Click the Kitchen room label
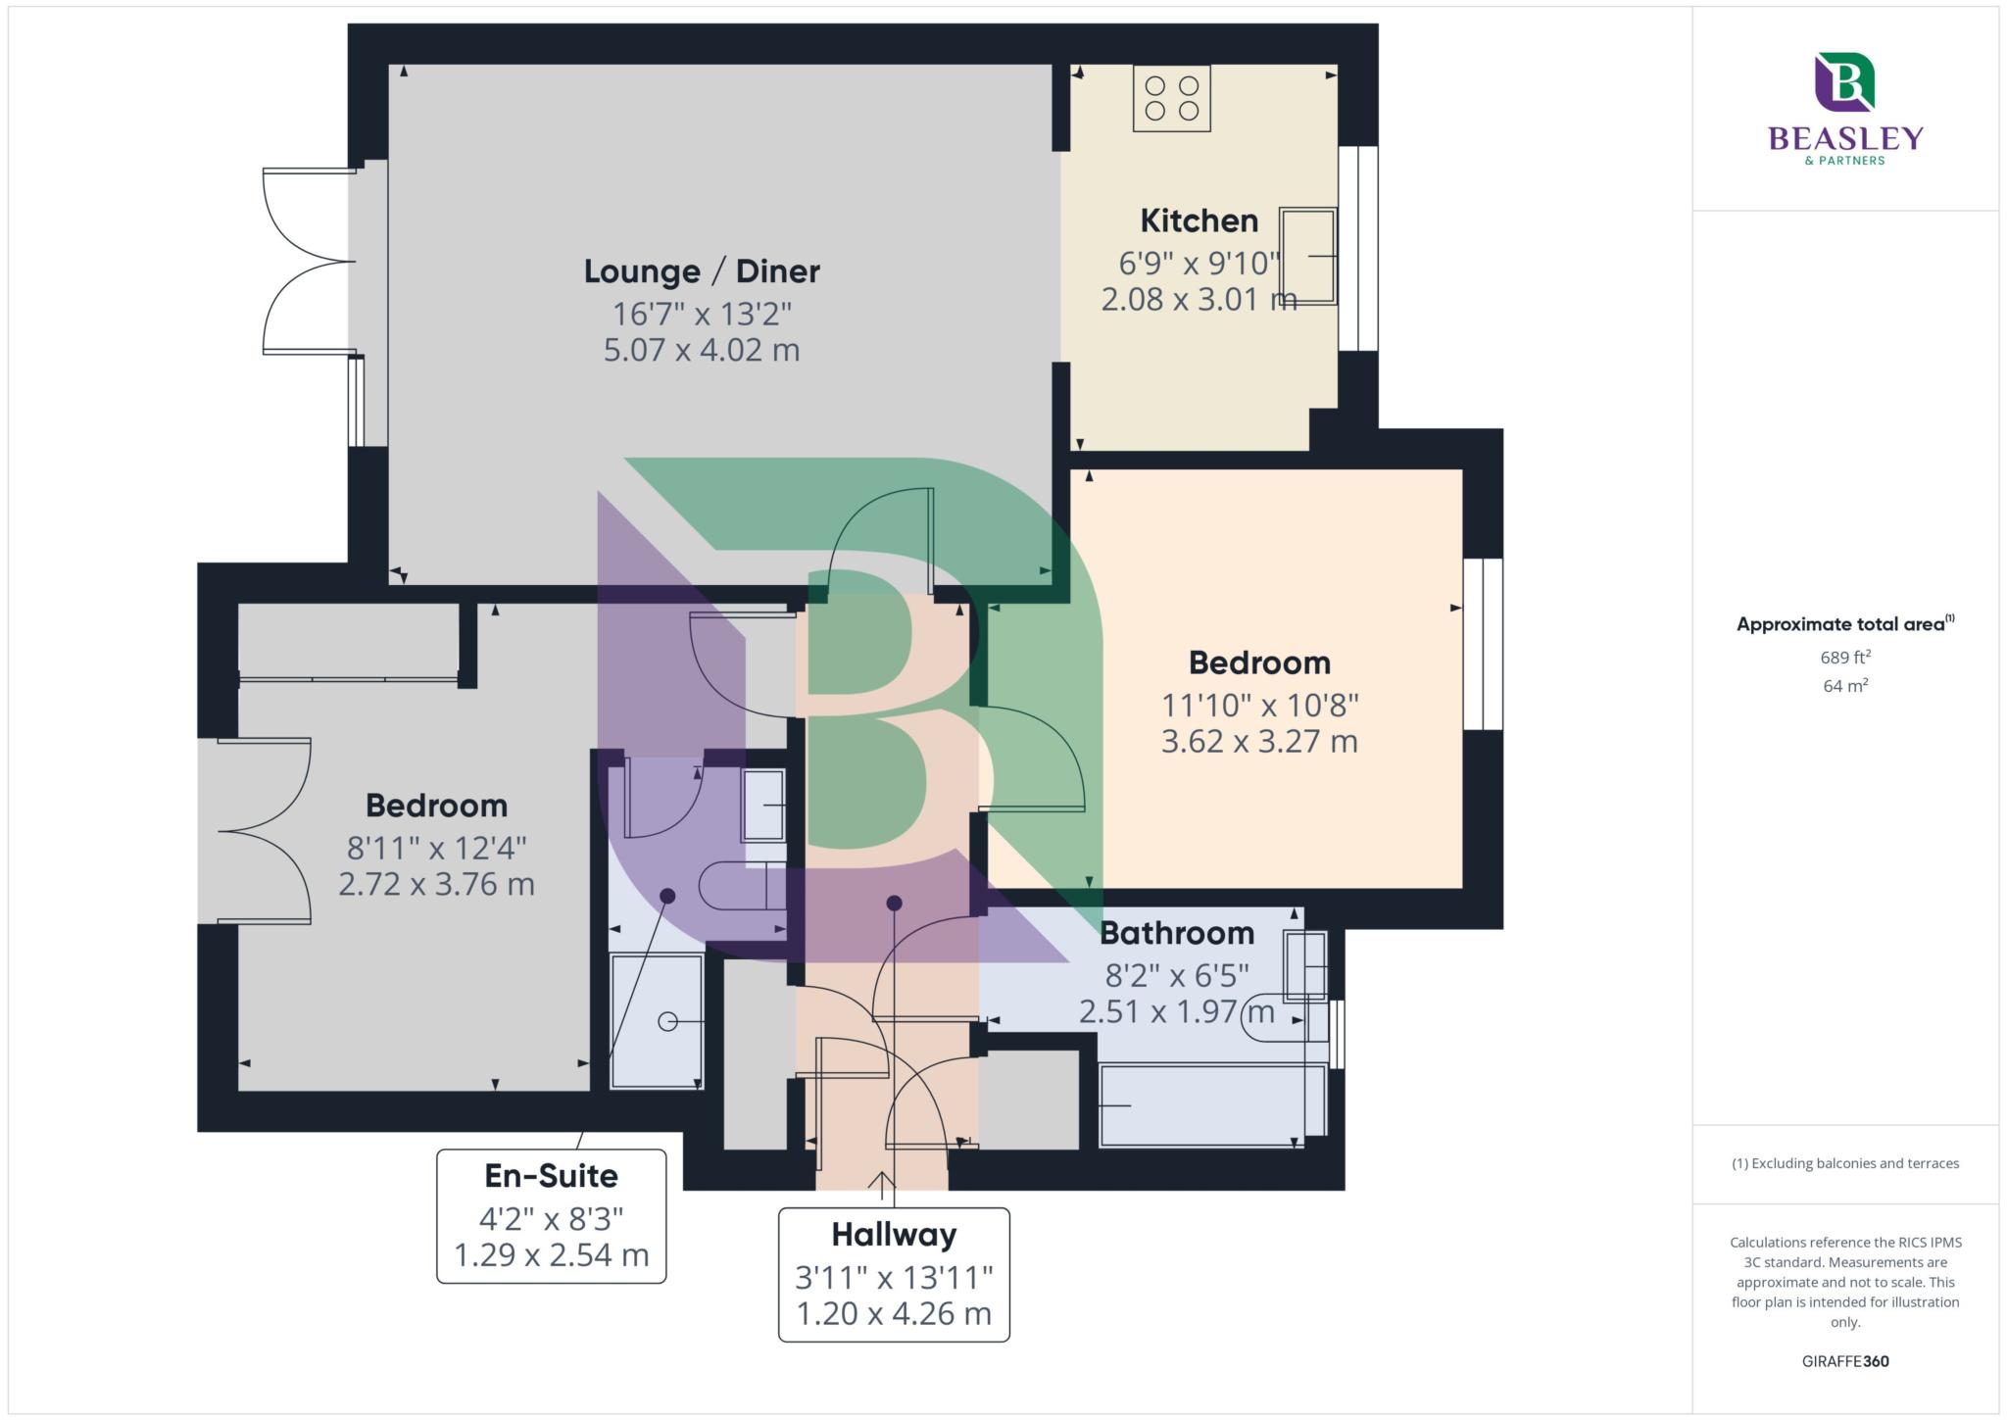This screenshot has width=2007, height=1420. [1199, 220]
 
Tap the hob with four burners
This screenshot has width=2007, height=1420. [1172, 98]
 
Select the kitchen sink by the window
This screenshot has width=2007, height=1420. [1307, 256]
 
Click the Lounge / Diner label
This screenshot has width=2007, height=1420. [702, 270]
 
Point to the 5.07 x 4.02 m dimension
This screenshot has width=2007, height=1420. [702, 350]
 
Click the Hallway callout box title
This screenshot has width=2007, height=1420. [894, 1235]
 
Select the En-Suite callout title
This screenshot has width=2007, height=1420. [551, 1176]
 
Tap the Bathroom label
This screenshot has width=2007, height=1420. [1177, 933]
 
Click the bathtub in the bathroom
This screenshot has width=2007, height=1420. [1213, 1105]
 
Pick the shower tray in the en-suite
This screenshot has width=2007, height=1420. [657, 1021]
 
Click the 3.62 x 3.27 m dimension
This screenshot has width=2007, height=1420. [1259, 741]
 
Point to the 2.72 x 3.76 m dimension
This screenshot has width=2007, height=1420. [436, 884]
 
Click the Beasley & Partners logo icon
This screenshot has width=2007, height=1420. [1844, 81]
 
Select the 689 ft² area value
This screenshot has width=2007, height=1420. [1845, 657]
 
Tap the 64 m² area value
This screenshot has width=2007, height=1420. [1845, 686]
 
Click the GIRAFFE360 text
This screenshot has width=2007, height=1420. [1845, 1361]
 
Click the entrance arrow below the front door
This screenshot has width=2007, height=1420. [882, 1186]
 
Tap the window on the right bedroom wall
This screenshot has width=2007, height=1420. [1483, 644]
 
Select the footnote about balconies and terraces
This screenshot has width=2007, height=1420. [1845, 1163]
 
